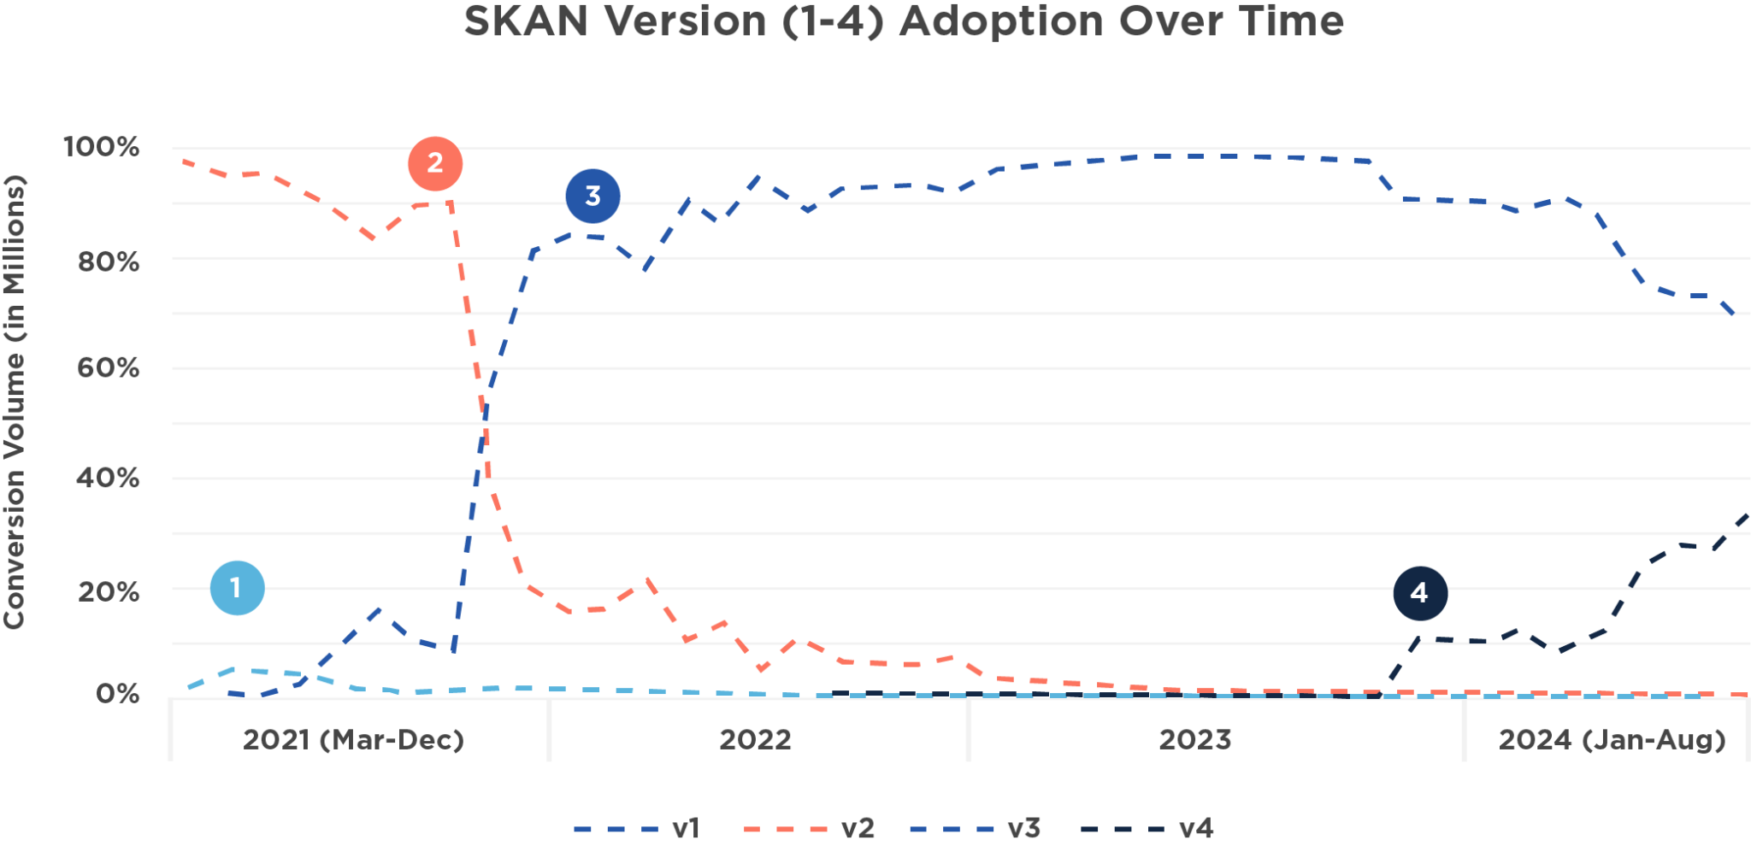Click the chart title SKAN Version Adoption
(903, 21)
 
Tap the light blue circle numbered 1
(237, 588)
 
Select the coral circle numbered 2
(435, 163)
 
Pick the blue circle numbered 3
(593, 196)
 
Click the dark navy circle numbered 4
(1420, 592)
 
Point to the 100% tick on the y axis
(102, 147)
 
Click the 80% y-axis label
(109, 261)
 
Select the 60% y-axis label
(109, 368)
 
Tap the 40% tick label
(108, 478)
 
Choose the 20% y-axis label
(109, 591)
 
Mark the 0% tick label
(118, 693)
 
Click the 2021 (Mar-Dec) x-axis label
(353, 739)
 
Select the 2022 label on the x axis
(755, 739)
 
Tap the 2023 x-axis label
(1194, 739)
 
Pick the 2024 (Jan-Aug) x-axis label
(1612, 739)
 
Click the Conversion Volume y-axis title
(15, 402)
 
